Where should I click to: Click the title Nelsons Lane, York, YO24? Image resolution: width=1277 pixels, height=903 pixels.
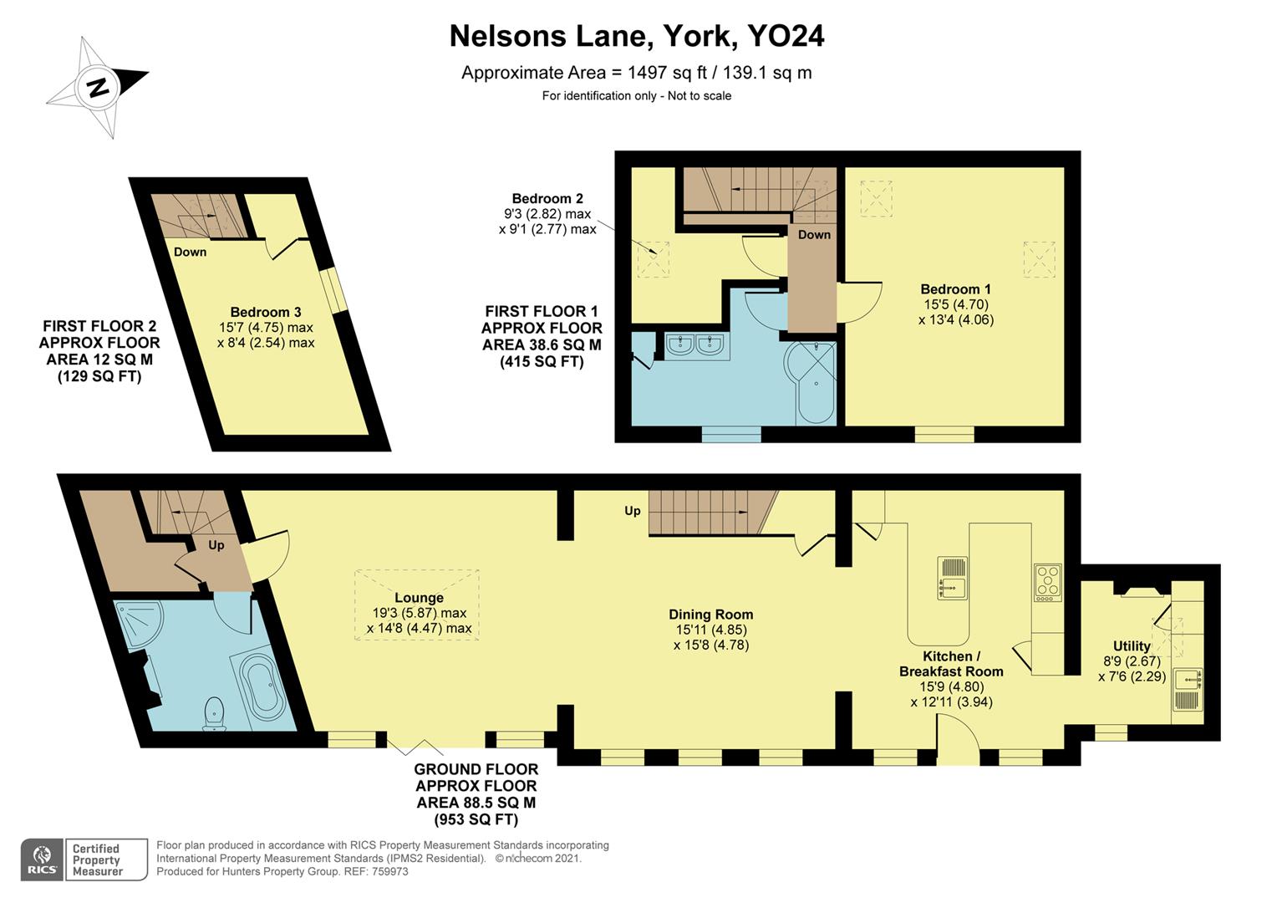click(637, 36)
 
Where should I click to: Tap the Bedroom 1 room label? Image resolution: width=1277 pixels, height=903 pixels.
click(956, 289)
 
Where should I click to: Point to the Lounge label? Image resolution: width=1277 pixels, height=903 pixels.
click(419, 598)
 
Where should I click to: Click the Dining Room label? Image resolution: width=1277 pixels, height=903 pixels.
click(710, 615)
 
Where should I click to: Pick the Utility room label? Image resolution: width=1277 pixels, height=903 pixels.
click(1132, 645)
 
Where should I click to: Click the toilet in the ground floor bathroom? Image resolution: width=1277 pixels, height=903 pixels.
click(215, 713)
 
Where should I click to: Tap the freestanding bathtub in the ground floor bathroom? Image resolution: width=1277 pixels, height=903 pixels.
click(264, 686)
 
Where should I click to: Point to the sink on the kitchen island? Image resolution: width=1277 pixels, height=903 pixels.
click(952, 579)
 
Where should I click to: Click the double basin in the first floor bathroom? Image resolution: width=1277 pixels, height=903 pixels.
click(695, 344)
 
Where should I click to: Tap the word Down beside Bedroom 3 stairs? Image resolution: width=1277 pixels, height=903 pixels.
click(190, 252)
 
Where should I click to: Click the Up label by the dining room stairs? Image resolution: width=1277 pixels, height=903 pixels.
click(632, 510)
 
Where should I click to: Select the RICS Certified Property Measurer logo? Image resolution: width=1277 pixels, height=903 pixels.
click(84, 860)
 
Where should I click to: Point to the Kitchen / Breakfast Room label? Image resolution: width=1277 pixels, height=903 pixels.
click(951, 664)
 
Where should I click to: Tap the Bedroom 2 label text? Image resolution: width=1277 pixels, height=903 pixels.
click(547, 198)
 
